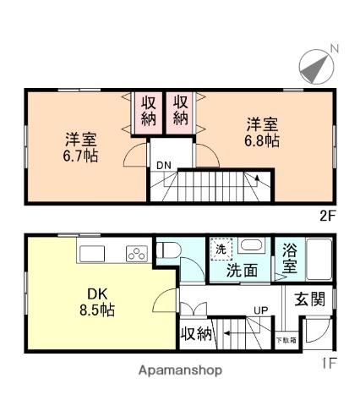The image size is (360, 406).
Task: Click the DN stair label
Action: pos(161,166)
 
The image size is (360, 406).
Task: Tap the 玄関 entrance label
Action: pos(309,299)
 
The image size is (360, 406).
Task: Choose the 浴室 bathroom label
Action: pos(289,258)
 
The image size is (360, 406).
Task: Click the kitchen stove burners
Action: pos(136,252)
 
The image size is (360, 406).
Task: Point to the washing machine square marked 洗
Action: pos(220,250)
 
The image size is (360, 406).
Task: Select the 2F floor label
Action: pos(328,214)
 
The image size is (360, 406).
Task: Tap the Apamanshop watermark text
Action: pos(179,370)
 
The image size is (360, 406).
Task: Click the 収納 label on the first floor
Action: pos(197,334)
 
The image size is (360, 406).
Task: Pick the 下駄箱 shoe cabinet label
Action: pos(286,340)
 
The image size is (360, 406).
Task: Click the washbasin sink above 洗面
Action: pos(250,246)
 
